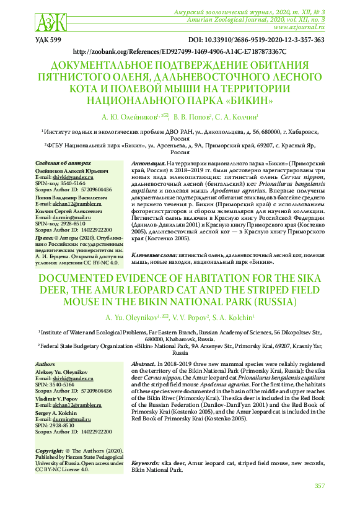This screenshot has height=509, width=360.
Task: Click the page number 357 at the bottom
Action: point(319,486)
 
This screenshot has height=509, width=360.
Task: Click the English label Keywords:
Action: point(146,463)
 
